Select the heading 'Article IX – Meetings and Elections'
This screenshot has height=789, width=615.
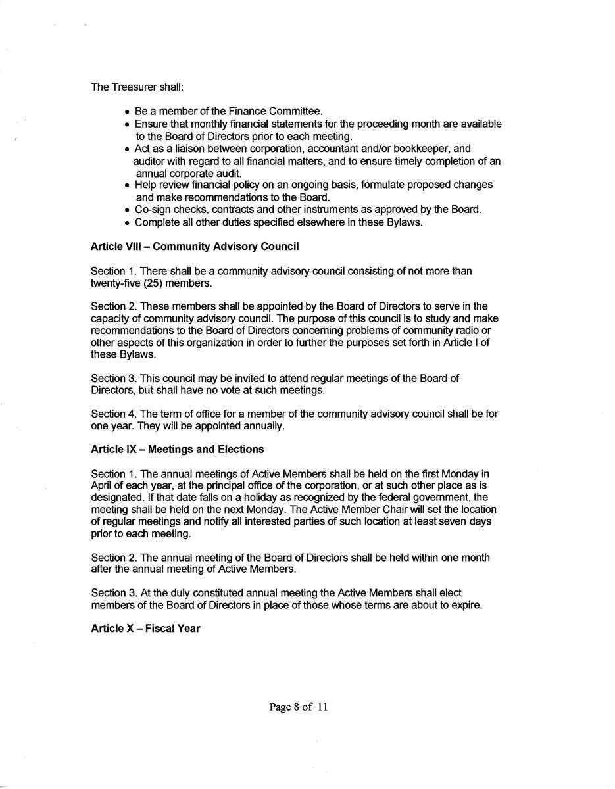tap(177, 450)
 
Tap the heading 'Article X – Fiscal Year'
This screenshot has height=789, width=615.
tap(145, 629)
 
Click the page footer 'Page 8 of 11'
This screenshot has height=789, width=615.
tap(298, 707)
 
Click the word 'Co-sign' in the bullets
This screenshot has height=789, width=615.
tap(152, 210)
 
